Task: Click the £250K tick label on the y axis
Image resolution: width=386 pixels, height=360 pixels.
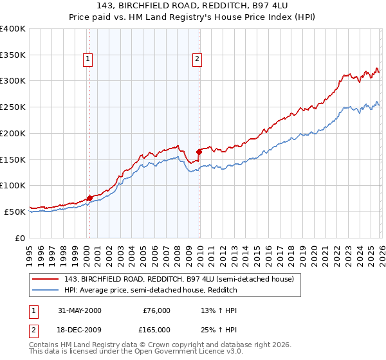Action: (13, 107)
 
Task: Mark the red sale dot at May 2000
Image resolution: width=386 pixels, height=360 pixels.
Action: (89, 198)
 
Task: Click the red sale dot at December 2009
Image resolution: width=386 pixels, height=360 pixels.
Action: (199, 152)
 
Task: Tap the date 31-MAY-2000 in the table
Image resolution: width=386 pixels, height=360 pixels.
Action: (79, 310)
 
